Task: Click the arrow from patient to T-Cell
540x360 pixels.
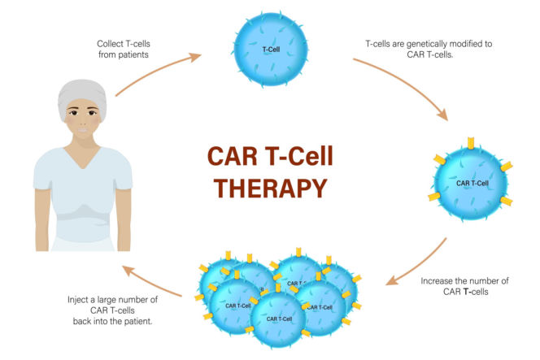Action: tap(159, 72)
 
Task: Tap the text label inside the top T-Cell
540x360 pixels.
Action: tap(271, 50)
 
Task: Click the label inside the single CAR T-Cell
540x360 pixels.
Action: tap(472, 184)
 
